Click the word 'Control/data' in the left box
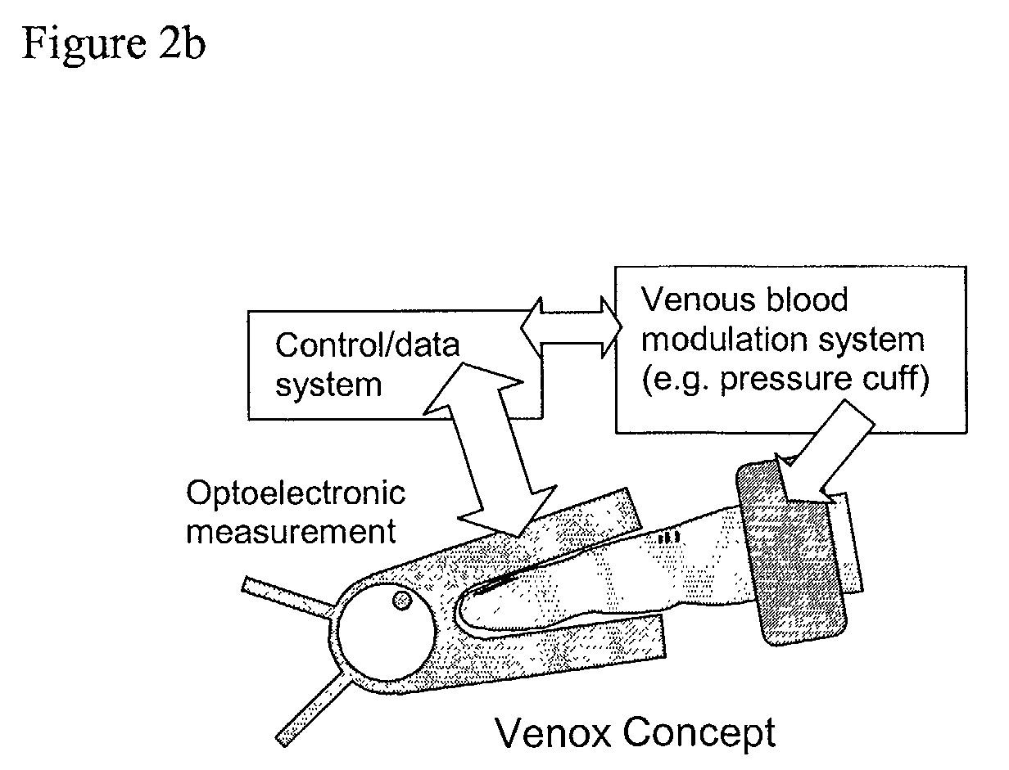[367, 346]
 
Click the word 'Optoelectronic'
[296, 493]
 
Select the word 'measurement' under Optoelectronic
[291, 532]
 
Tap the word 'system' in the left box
[328, 384]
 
